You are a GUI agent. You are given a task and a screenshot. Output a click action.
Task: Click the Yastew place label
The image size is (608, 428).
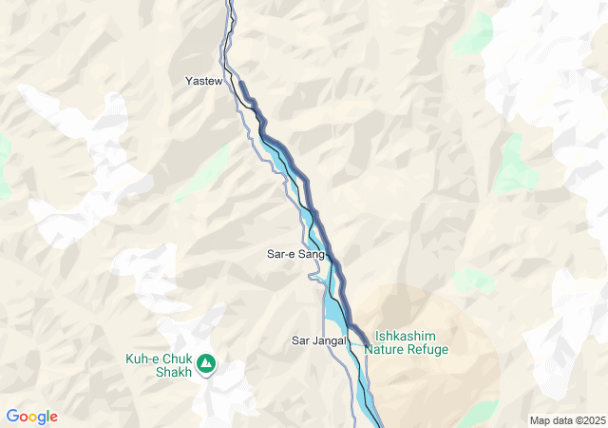click(203, 82)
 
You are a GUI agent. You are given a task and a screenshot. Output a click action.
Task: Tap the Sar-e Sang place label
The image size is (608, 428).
click(295, 255)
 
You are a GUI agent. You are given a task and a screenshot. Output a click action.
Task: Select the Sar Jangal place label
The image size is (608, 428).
click(315, 340)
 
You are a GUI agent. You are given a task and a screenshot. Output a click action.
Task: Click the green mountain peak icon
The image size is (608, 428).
click(206, 363)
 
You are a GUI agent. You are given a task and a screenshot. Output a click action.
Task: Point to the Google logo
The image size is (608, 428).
click(31, 417)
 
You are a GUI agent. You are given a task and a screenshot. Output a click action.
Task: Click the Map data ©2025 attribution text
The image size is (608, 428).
click(566, 420)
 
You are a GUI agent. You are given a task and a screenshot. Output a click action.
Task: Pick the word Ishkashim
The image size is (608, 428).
click(407, 336)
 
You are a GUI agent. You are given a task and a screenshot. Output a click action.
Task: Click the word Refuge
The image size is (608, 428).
click(427, 350)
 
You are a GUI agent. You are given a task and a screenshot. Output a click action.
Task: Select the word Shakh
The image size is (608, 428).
click(174, 372)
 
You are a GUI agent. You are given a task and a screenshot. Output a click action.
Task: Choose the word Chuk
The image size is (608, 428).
click(178, 359)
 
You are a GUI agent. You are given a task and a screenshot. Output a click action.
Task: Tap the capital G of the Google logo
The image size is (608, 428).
click(12, 417)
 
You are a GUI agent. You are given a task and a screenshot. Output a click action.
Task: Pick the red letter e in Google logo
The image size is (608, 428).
click(53, 418)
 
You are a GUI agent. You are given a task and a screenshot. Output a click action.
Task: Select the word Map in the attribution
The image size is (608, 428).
click(540, 420)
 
